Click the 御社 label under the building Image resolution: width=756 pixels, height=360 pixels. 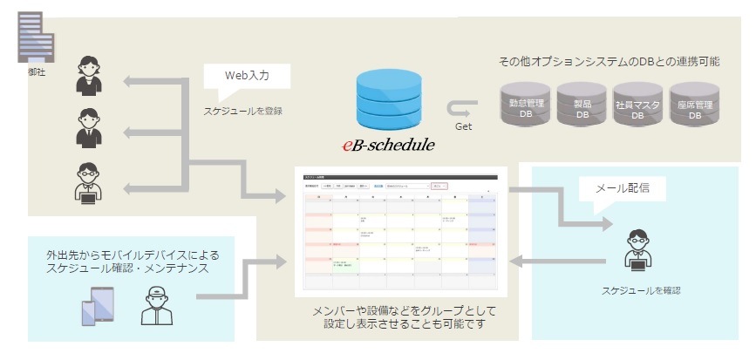37,71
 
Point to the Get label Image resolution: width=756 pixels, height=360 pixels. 464,127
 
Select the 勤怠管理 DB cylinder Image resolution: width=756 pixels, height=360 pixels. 526,104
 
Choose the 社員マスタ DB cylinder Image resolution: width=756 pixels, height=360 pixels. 637,104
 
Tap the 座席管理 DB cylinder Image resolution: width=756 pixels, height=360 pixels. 695,104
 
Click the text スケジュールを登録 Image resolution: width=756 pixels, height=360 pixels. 242,111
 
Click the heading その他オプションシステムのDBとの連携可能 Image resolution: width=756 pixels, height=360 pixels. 609,61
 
